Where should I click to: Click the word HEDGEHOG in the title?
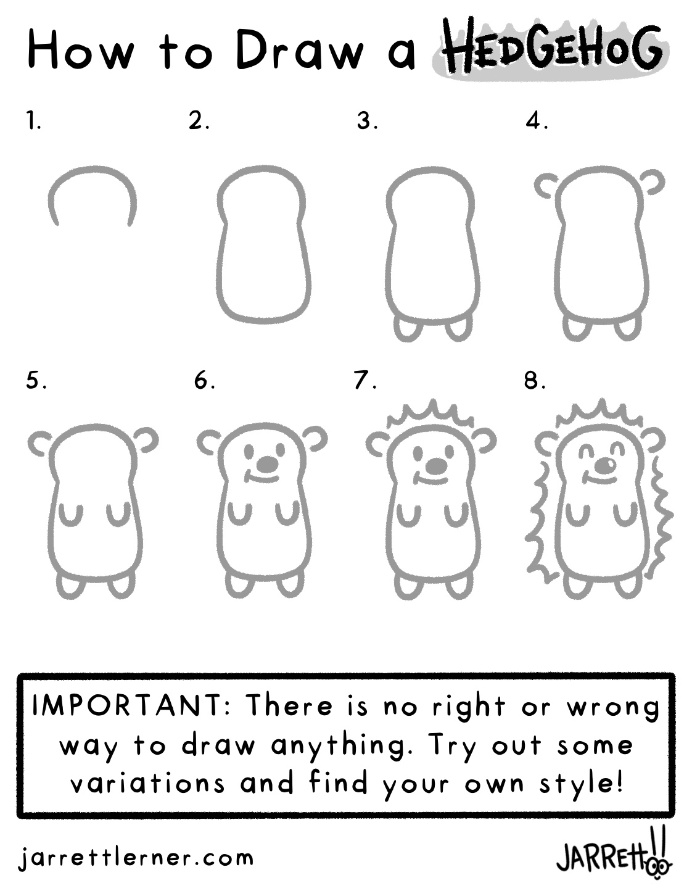tap(554, 51)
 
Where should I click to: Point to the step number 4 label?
tap(537, 121)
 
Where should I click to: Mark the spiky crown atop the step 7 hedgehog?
tap(431, 415)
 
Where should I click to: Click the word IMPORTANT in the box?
tap(128, 707)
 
